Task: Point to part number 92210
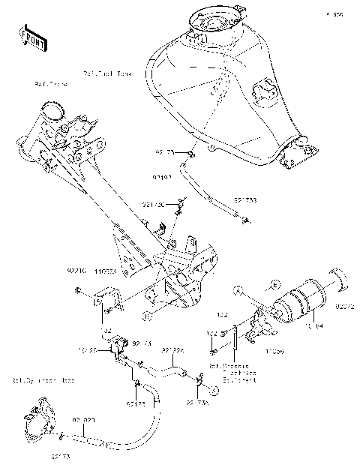tap(76, 267)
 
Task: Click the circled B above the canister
tap(275, 285)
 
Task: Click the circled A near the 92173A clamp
tap(213, 390)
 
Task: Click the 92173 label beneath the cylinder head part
tap(61, 456)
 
